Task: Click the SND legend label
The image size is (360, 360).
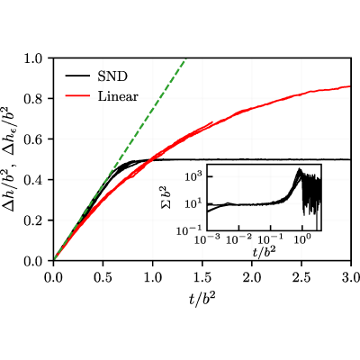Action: [112, 76]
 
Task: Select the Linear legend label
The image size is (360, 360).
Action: [118, 96]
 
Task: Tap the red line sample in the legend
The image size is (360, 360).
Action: [77, 96]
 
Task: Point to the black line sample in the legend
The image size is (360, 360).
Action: [77, 76]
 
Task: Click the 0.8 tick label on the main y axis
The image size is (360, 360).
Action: [36, 98]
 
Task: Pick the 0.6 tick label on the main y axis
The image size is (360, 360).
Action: [36, 139]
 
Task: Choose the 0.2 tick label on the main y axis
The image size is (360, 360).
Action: [36, 220]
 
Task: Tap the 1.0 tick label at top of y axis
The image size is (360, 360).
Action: [36, 58]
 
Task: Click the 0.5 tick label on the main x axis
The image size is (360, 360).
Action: [103, 277]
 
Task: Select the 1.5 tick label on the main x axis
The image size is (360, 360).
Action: [202, 277]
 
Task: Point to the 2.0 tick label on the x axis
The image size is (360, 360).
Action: [252, 277]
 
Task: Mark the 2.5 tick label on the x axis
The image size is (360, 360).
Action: [301, 277]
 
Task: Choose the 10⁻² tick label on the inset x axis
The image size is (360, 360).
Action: [239, 239]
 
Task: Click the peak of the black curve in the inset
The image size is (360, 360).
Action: [299, 169]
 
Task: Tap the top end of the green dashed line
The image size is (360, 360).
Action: [186, 58]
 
